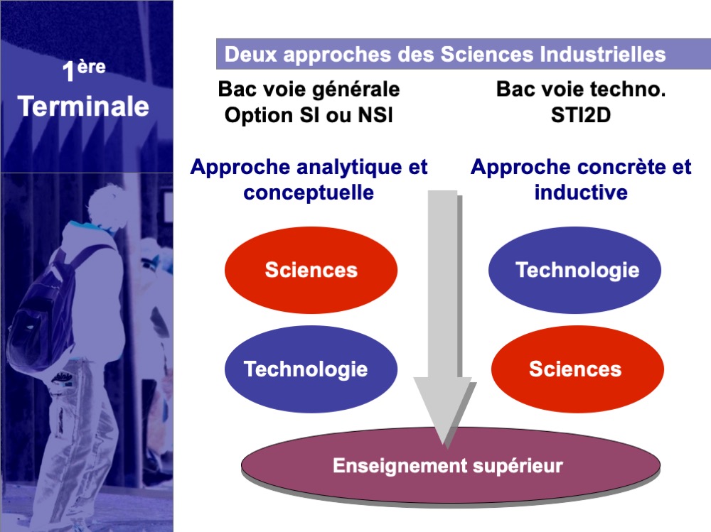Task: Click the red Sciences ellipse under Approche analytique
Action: coord(311,270)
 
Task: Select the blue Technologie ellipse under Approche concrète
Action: coord(574,270)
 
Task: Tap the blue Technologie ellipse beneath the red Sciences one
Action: coord(311,369)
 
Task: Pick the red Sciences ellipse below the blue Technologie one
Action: coord(577,369)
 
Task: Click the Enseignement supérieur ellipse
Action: coord(450,467)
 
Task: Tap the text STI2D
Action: coord(581,115)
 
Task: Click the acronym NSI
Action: coord(375,115)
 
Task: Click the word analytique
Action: coord(350,168)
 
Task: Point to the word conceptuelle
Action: coord(309,192)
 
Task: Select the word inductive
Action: coord(581,192)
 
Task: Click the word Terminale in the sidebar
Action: coord(83,107)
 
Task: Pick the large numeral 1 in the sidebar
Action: coord(68,72)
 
